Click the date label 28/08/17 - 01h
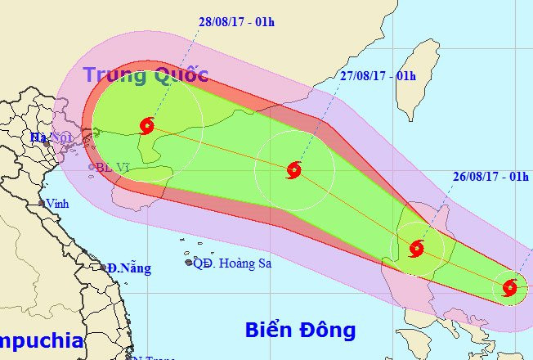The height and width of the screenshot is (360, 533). click(x=236, y=21)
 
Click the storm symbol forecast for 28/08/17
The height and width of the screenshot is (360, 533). click(x=147, y=126)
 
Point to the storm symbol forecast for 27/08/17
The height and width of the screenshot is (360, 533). click(x=294, y=170)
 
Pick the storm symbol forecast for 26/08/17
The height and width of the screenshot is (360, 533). click(x=417, y=247)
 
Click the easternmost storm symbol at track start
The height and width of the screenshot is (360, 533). click(x=510, y=287)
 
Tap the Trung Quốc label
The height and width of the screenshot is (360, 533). click(x=146, y=75)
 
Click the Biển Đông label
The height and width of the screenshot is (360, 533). click(x=301, y=331)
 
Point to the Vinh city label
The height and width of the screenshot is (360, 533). click(x=57, y=204)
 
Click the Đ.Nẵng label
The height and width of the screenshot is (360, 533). click(x=128, y=268)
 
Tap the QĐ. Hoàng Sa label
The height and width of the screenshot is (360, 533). click(x=231, y=263)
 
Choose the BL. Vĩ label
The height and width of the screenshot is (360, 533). click(x=113, y=168)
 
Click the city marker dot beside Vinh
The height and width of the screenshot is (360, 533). click(x=41, y=204)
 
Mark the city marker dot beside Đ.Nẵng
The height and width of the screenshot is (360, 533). click(x=105, y=267)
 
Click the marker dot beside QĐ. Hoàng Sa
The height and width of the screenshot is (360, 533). click(x=188, y=263)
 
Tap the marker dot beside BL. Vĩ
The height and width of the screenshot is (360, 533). click(x=92, y=168)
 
